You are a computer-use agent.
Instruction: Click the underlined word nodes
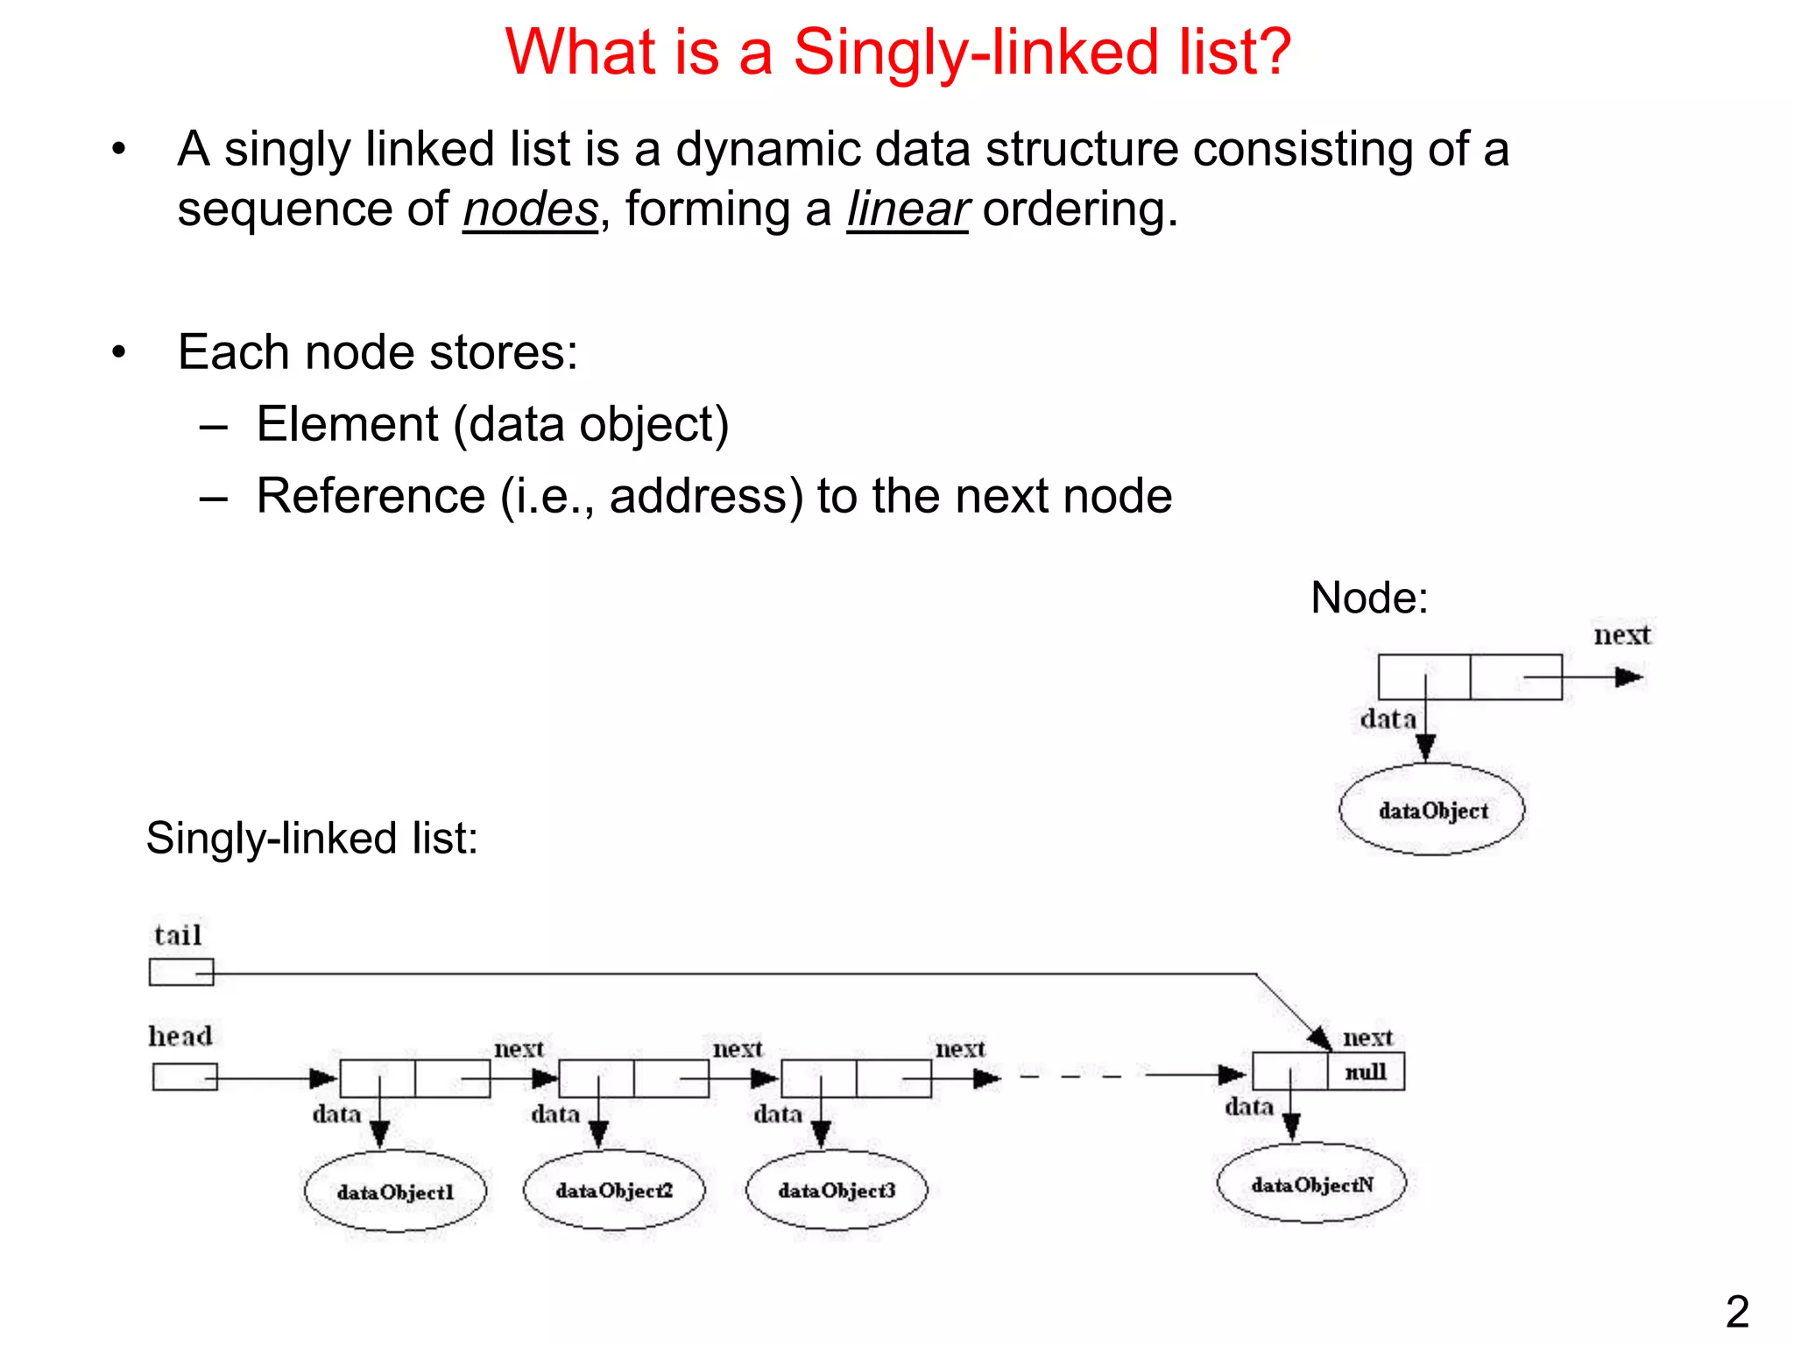(530, 210)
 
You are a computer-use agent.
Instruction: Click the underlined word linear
(907, 210)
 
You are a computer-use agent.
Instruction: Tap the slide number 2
(1737, 1312)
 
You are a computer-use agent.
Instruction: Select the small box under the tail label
(181, 973)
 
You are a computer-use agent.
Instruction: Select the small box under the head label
(185, 1076)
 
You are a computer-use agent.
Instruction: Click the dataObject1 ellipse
(395, 1192)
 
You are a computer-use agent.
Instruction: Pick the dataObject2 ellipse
(614, 1190)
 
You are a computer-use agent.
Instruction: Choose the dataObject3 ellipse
(837, 1190)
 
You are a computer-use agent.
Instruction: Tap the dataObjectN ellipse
(1311, 1185)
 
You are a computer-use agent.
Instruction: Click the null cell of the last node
(1366, 1072)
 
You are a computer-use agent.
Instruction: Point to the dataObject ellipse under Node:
(1432, 811)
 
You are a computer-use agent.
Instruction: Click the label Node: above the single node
(1369, 599)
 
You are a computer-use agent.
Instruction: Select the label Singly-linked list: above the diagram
(312, 839)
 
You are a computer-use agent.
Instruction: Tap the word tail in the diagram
(178, 935)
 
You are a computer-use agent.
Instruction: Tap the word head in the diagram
(180, 1036)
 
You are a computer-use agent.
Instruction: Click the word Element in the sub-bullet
(348, 425)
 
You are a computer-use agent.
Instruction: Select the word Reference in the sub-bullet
(371, 497)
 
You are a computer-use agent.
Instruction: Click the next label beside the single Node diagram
(1621, 634)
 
